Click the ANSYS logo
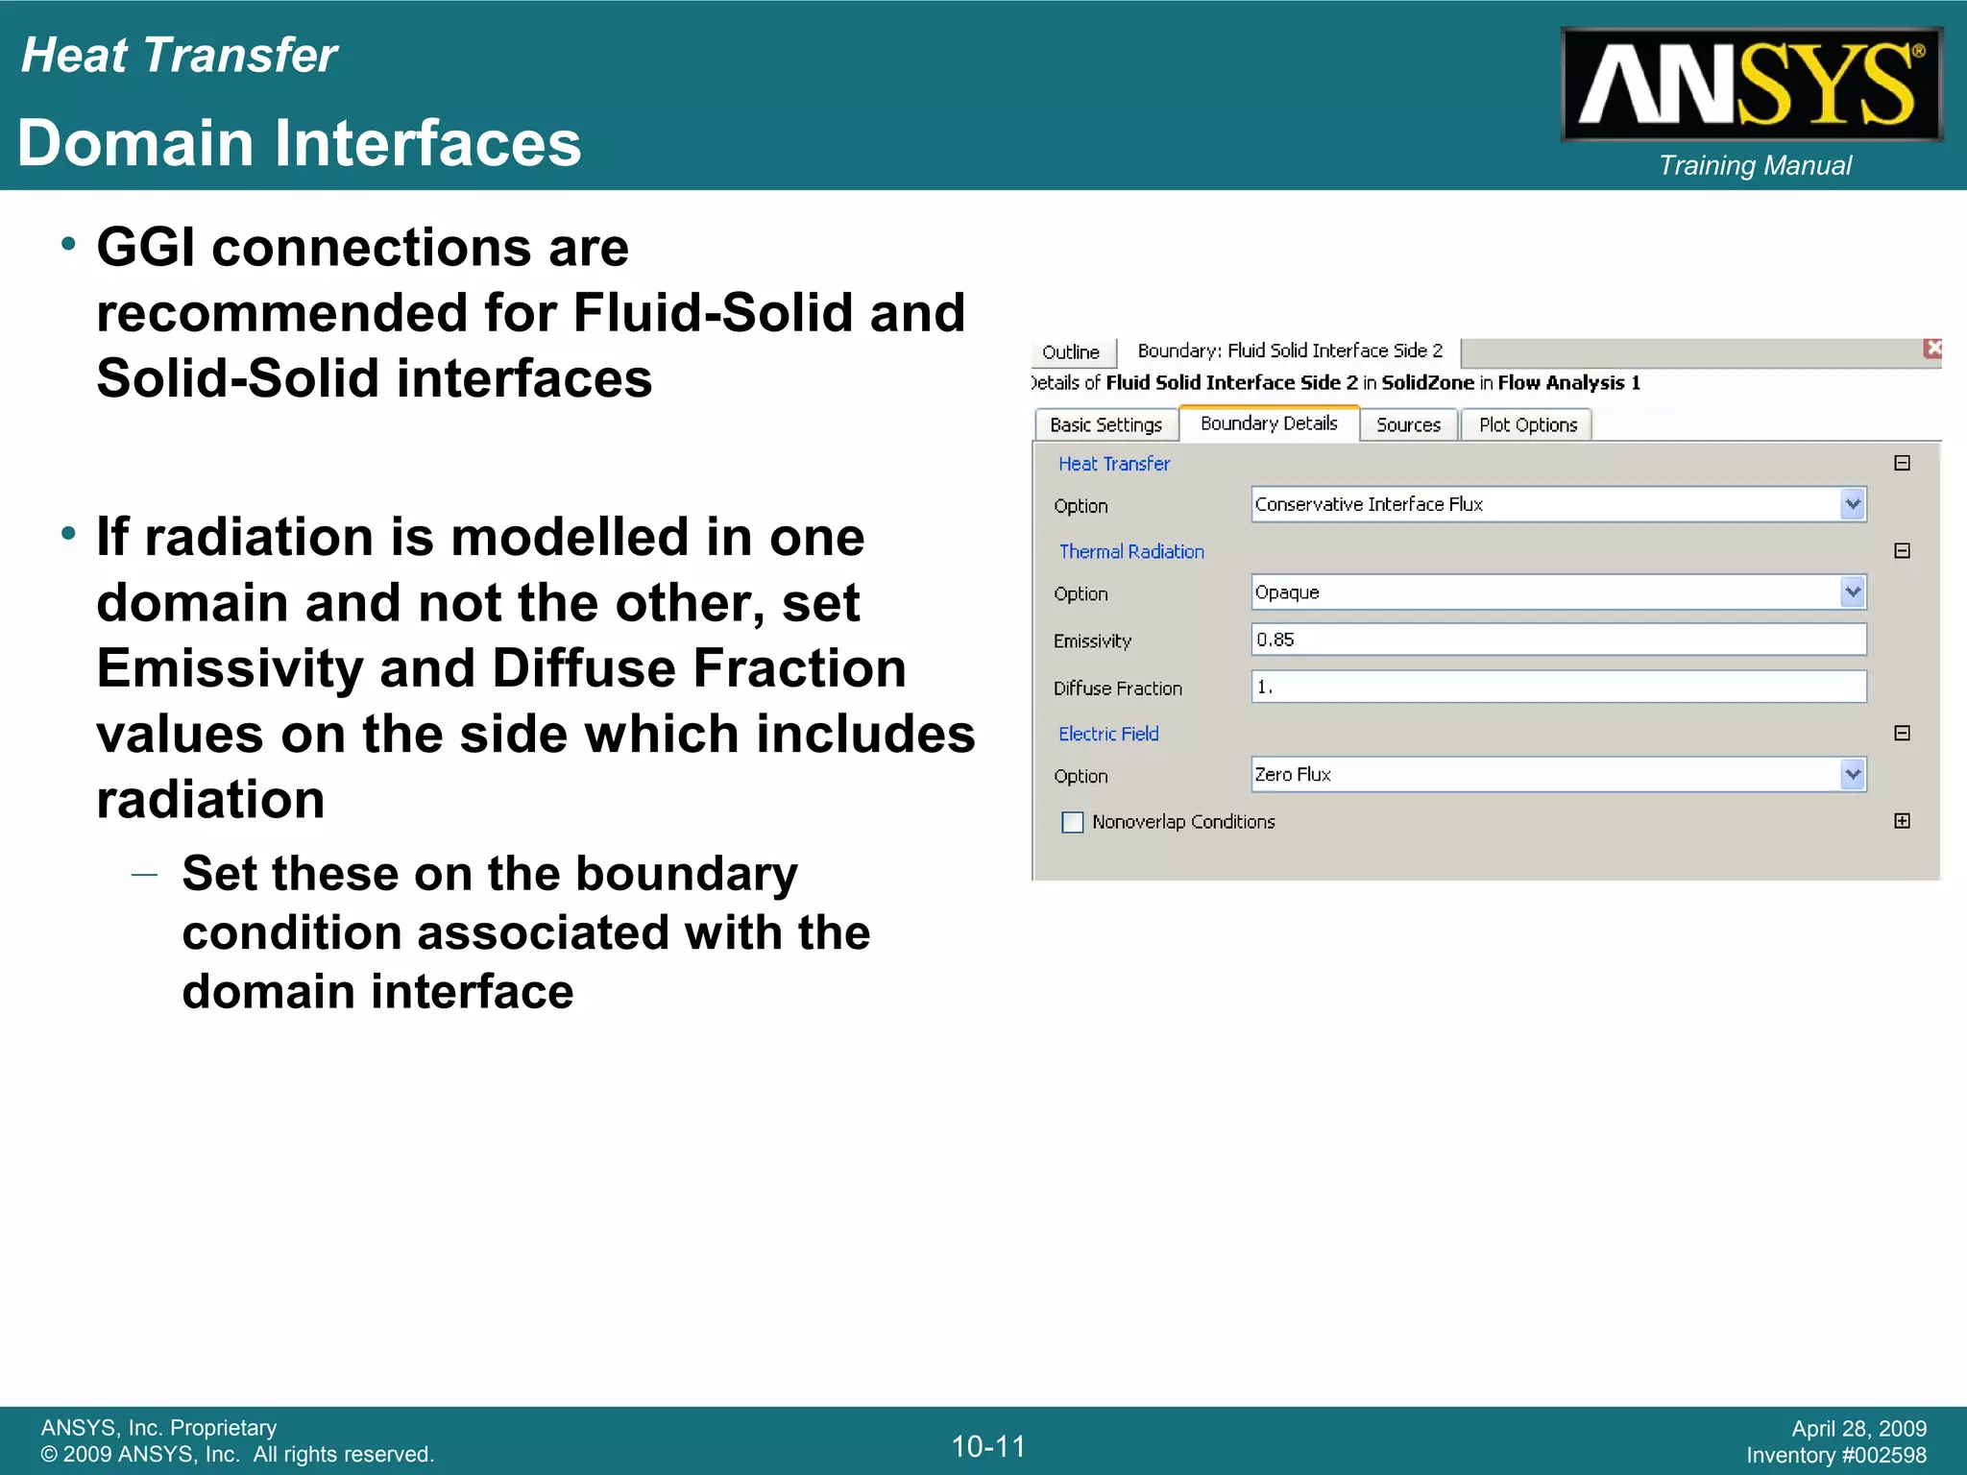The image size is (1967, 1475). (1751, 85)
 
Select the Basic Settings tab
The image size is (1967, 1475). (1105, 424)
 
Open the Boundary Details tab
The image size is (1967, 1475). (1268, 423)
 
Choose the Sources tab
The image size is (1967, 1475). (1408, 424)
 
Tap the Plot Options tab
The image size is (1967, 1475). (1527, 424)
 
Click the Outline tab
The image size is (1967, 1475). (1071, 351)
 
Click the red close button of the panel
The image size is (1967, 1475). (1932, 349)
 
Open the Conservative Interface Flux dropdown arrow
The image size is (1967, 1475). (1853, 504)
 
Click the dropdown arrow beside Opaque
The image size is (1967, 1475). (1853, 592)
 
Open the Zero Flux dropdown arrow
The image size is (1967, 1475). (1853, 774)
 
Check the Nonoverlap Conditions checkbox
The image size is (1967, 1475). (1073, 822)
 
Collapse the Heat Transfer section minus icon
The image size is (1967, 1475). (1902, 463)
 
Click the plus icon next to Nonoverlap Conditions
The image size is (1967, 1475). (1902, 821)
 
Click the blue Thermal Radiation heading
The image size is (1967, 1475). (1130, 551)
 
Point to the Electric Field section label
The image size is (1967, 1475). (1108, 734)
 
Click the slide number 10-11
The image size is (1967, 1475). (988, 1446)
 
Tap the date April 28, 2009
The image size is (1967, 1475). (1858, 1428)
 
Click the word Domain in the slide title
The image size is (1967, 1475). (149, 144)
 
